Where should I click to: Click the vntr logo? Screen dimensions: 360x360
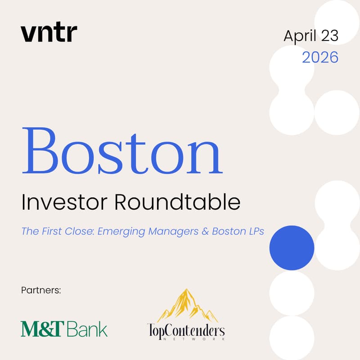[49, 34]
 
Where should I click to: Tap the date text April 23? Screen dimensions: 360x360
[310, 36]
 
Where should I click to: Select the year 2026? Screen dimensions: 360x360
[320, 57]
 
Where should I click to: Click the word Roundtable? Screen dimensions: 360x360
[177, 203]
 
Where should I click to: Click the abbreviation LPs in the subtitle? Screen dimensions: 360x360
[253, 232]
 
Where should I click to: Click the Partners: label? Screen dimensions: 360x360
[40, 290]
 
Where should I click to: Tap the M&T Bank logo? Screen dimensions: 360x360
[64, 328]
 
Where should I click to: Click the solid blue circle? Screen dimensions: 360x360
[292, 247]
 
